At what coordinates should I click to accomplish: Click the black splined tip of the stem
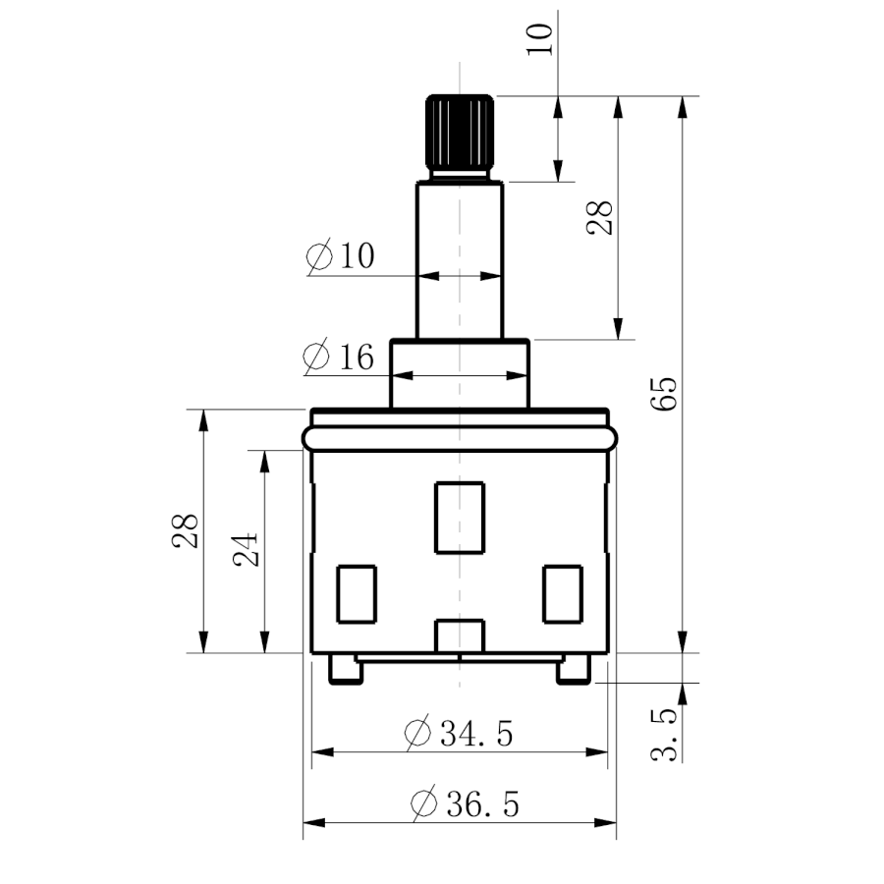pos(460,132)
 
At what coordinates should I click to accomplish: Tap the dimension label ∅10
pos(340,256)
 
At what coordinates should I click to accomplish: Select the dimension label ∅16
pos(338,357)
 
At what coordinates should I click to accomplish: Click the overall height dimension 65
pos(664,394)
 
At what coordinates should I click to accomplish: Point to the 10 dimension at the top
pos(539,39)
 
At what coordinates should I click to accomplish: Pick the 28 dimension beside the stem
pos(599,217)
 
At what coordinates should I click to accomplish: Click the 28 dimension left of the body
pos(185,530)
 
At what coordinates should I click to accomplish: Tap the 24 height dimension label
pos(246,549)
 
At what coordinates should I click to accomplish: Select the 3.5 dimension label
pos(664,735)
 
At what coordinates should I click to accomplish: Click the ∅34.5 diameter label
pos(459,733)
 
